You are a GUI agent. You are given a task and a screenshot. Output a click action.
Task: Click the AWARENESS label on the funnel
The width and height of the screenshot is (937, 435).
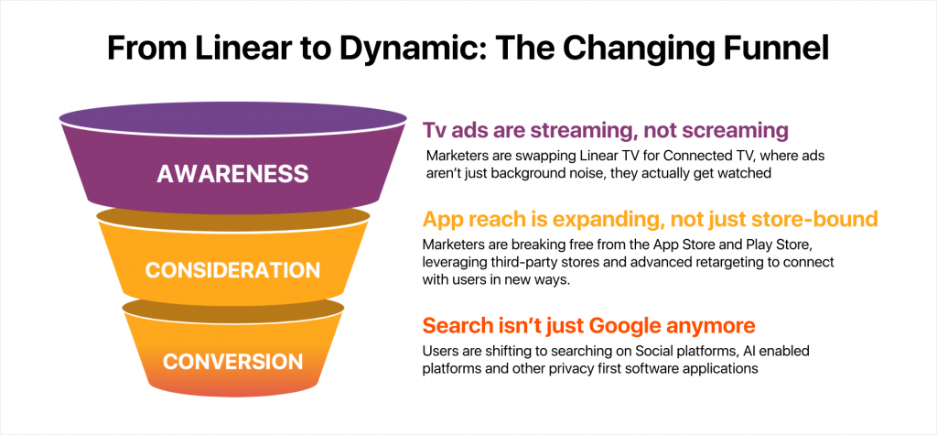(x=232, y=173)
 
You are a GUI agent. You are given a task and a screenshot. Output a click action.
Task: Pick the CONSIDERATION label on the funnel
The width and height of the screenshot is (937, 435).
(x=232, y=270)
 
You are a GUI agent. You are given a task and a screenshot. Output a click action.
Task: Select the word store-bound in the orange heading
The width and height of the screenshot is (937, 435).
(x=818, y=220)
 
